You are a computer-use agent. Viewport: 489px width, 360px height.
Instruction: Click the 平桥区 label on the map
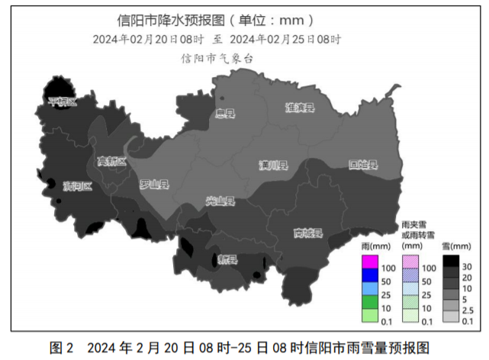pyautogui.click(x=63, y=101)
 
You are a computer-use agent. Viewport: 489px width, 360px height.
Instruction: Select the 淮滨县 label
pyautogui.click(x=300, y=108)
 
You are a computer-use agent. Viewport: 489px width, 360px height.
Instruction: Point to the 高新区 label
pyautogui.click(x=111, y=161)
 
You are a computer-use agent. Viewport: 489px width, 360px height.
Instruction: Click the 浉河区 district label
pyautogui.click(x=77, y=186)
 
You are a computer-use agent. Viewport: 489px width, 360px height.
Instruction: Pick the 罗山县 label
pyautogui.click(x=154, y=184)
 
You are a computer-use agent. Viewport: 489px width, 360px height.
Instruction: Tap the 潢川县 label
pyautogui.click(x=272, y=166)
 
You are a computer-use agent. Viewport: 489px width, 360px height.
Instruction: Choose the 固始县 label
pyautogui.click(x=363, y=164)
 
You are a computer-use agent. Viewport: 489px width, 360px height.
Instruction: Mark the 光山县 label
pyautogui.click(x=220, y=201)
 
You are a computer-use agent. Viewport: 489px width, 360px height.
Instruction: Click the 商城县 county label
pyautogui.click(x=308, y=233)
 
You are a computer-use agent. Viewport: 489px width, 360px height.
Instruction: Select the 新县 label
pyautogui.click(x=227, y=260)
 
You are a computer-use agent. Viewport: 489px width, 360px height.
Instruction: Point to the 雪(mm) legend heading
pyautogui.click(x=456, y=246)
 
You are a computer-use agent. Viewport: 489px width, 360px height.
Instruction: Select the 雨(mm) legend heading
pyautogui.click(x=375, y=246)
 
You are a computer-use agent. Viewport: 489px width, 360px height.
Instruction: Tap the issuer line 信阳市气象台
pyautogui.click(x=216, y=58)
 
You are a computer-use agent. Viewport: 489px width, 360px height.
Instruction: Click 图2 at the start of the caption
pyautogui.click(x=61, y=348)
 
